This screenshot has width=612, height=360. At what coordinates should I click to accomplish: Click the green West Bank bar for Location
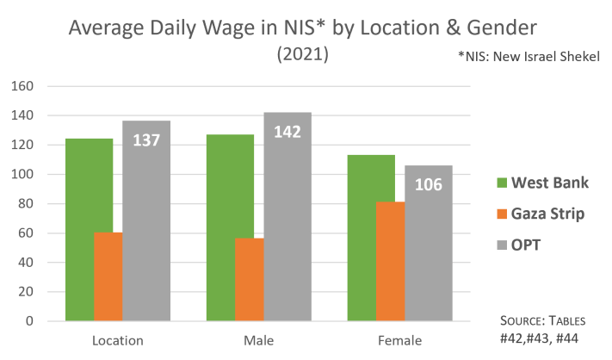(x=89, y=228)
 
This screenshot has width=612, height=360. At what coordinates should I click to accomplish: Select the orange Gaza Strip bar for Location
(x=108, y=276)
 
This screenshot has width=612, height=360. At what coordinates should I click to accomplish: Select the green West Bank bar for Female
(x=371, y=237)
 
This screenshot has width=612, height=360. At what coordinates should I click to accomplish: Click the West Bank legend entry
(x=529, y=183)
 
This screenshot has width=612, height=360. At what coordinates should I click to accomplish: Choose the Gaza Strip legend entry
(x=529, y=214)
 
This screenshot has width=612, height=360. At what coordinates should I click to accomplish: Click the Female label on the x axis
(x=400, y=341)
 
